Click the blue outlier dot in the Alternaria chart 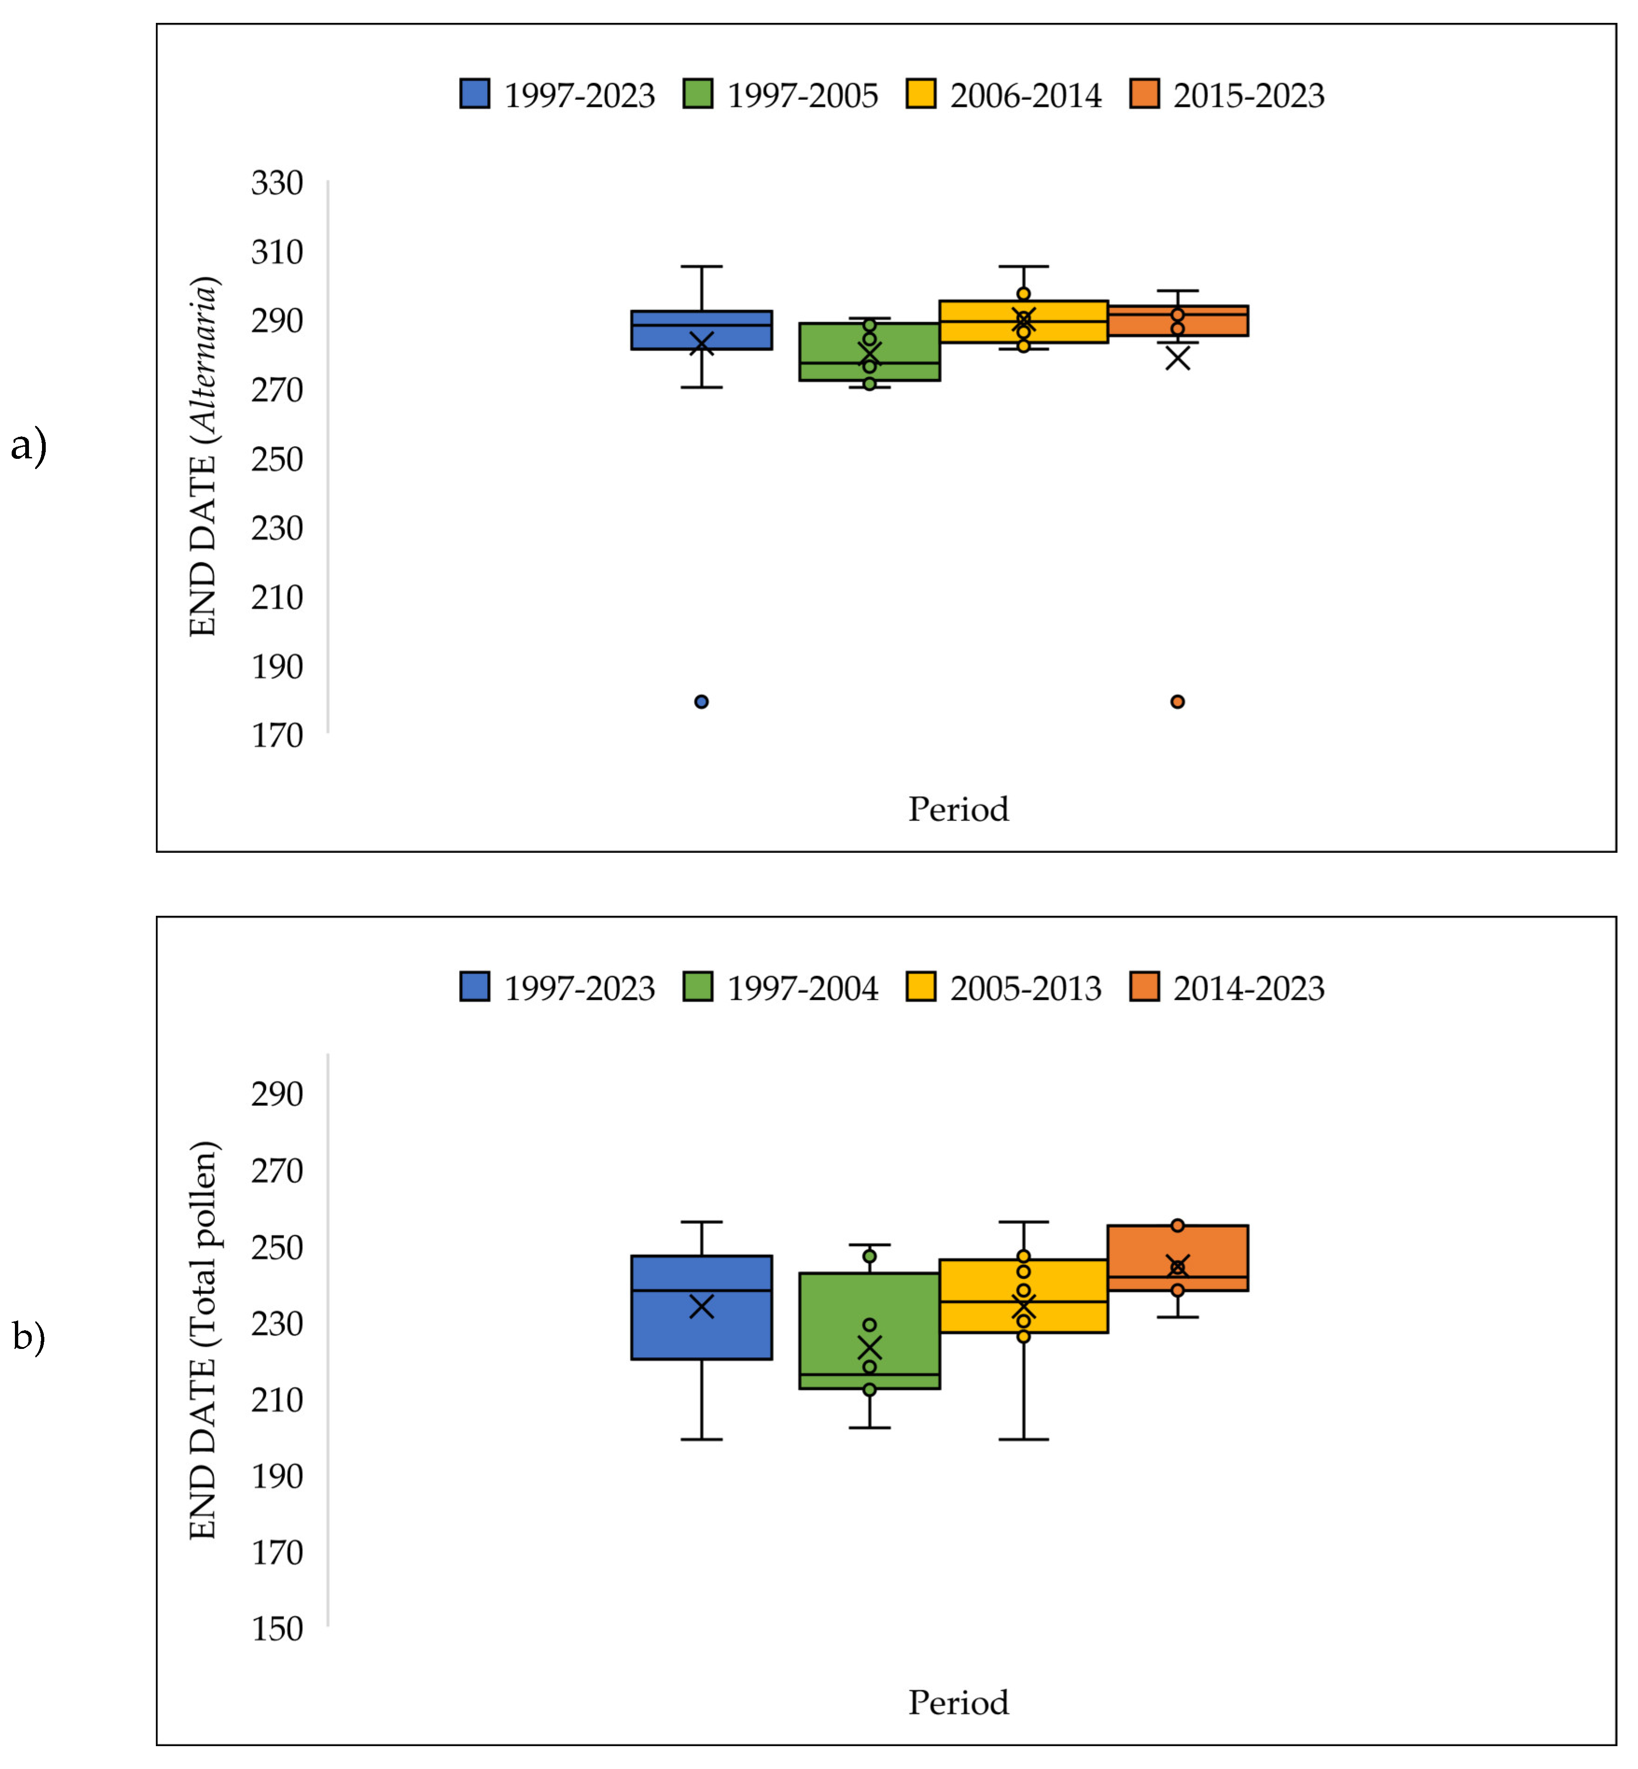coord(701,702)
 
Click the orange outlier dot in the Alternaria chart coord(1177,702)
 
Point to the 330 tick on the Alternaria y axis coord(277,183)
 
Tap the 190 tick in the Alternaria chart coord(277,666)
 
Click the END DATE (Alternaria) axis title coord(203,456)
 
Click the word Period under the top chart coord(958,809)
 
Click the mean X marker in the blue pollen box coord(701,1306)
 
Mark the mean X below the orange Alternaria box coord(1177,358)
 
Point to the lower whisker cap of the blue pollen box coord(701,1439)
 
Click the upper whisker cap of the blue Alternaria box coord(701,266)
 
